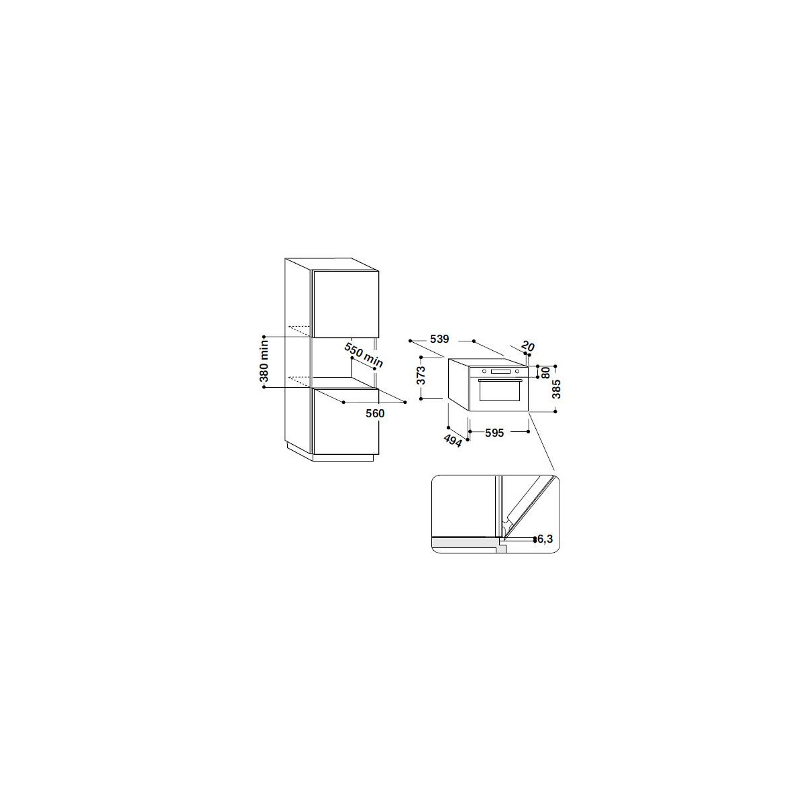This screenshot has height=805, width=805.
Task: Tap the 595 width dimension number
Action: point(494,433)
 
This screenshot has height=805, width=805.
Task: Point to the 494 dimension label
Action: point(453,441)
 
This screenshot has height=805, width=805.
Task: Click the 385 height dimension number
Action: point(556,389)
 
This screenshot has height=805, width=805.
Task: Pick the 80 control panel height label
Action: point(545,372)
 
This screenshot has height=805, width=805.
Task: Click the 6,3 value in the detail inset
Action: point(545,539)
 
